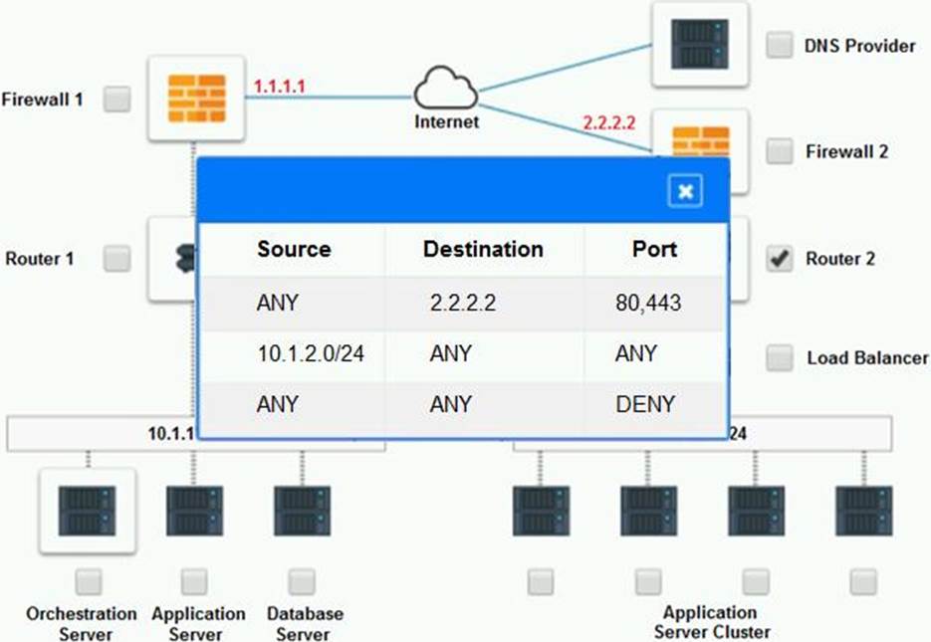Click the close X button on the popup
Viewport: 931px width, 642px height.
click(x=685, y=191)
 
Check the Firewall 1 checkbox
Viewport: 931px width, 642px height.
click(x=117, y=99)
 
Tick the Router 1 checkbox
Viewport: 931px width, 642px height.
click(x=117, y=259)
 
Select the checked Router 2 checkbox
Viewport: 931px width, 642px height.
click(x=780, y=259)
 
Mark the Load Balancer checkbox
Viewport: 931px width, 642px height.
click(x=780, y=357)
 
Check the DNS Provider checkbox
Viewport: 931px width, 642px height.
click(x=780, y=45)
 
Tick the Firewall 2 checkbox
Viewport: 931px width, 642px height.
click(x=780, y=151)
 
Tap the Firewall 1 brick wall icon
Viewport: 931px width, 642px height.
click(x=196, y=99)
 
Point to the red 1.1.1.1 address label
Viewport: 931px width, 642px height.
click(x=279, y=87)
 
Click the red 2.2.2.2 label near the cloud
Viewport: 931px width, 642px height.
click(x=608, y=123)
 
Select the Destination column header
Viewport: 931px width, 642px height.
click(x=483, y=249)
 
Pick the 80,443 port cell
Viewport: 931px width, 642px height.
click(x=648, y=303)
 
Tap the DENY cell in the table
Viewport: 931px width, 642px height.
click(x=646, y=404)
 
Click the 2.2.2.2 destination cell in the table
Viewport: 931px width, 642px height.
click(x=462, y=303)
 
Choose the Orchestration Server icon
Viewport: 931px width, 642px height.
click(x=87, y=511)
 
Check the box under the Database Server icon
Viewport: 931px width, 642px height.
click(x=302, y=581)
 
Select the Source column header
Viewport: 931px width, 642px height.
click(x=294, y=249)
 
